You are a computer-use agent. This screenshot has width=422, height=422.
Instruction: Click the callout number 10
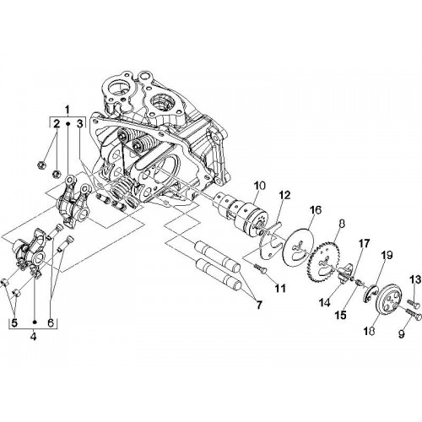tap(259, 186)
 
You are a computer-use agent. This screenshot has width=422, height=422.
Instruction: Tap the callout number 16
tap(316, 210)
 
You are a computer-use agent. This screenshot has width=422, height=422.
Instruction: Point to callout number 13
tap(415, 280)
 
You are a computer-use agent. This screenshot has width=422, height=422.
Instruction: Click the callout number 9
tap(401, 333)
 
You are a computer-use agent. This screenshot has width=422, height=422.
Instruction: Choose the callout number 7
tap(259, 305)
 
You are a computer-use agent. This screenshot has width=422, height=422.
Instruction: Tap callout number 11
tap(280, 288)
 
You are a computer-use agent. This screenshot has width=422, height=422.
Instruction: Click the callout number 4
tap(33, 337)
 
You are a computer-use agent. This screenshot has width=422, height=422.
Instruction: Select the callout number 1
tap(67, 109)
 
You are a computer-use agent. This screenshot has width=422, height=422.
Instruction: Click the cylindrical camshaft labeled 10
tap(242, 214)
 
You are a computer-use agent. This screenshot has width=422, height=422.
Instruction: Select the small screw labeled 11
tap(260, 268)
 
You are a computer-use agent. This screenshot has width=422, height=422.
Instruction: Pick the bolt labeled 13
tap(413, 303)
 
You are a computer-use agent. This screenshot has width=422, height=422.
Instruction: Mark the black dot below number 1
tap(68, 123)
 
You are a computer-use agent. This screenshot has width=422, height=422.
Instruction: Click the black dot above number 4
tap(35, 322)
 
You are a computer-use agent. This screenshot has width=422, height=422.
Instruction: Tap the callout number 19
tap(387, 256)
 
